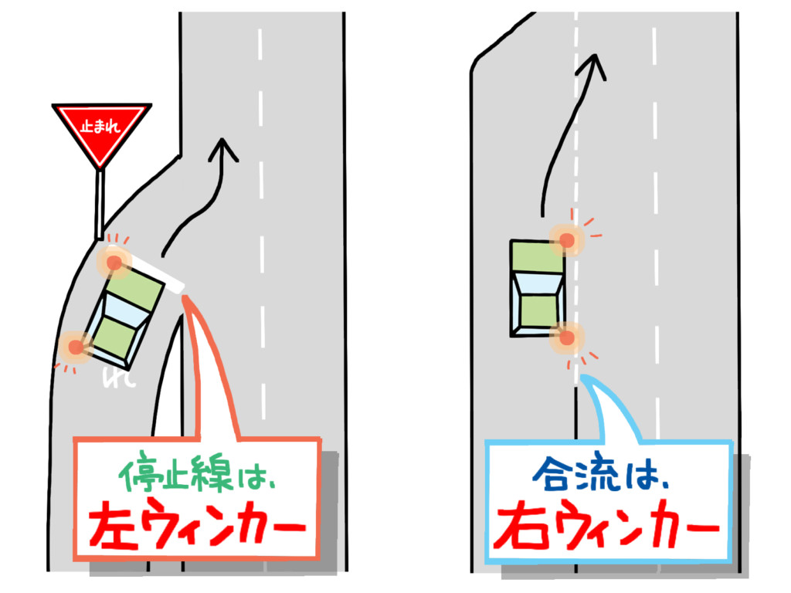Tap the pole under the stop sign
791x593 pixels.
click(x=100, y=204)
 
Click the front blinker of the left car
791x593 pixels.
click(x=114, y=263)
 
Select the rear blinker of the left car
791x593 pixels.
click(x=76, y=347)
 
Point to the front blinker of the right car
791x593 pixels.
click(x=567, y=240)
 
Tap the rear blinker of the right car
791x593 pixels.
click(x=567, y=337)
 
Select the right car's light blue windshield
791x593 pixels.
click(x=538, y=285)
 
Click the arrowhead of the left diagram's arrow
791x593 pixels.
click(x=223, y=149)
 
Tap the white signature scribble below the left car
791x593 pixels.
click(x=119, y=377)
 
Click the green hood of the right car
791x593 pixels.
click(x=537, y=256)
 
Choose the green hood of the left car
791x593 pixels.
click(x=134, y=291)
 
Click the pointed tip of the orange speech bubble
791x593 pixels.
click(x=185, y=297)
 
